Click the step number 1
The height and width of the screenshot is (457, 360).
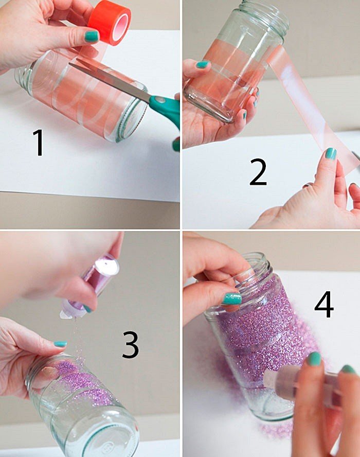pos(39,143)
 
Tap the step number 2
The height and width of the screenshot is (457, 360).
pos(258,172)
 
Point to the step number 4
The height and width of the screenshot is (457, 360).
pos(324,304)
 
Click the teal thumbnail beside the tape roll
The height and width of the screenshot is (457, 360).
pos(92,36)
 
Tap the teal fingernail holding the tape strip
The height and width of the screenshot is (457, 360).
pos(331,153)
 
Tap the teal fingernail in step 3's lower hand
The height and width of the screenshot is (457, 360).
pos(60,344)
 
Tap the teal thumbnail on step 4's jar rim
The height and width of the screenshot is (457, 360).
pos(232,298)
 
